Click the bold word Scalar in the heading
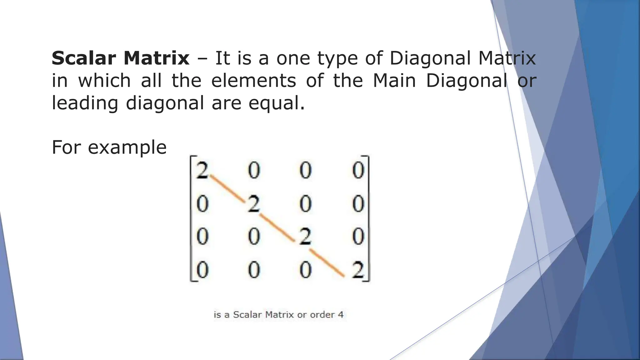84,58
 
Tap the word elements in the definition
253,81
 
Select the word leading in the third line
85,103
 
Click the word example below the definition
127,147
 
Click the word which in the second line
104,81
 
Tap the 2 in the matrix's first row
202,171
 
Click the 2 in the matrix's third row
305,237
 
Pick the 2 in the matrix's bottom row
358,270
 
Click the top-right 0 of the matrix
358,171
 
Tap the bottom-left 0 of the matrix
202,270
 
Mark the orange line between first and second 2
227,189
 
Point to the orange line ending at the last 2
327,263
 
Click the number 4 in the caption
341,315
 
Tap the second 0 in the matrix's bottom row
254,270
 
